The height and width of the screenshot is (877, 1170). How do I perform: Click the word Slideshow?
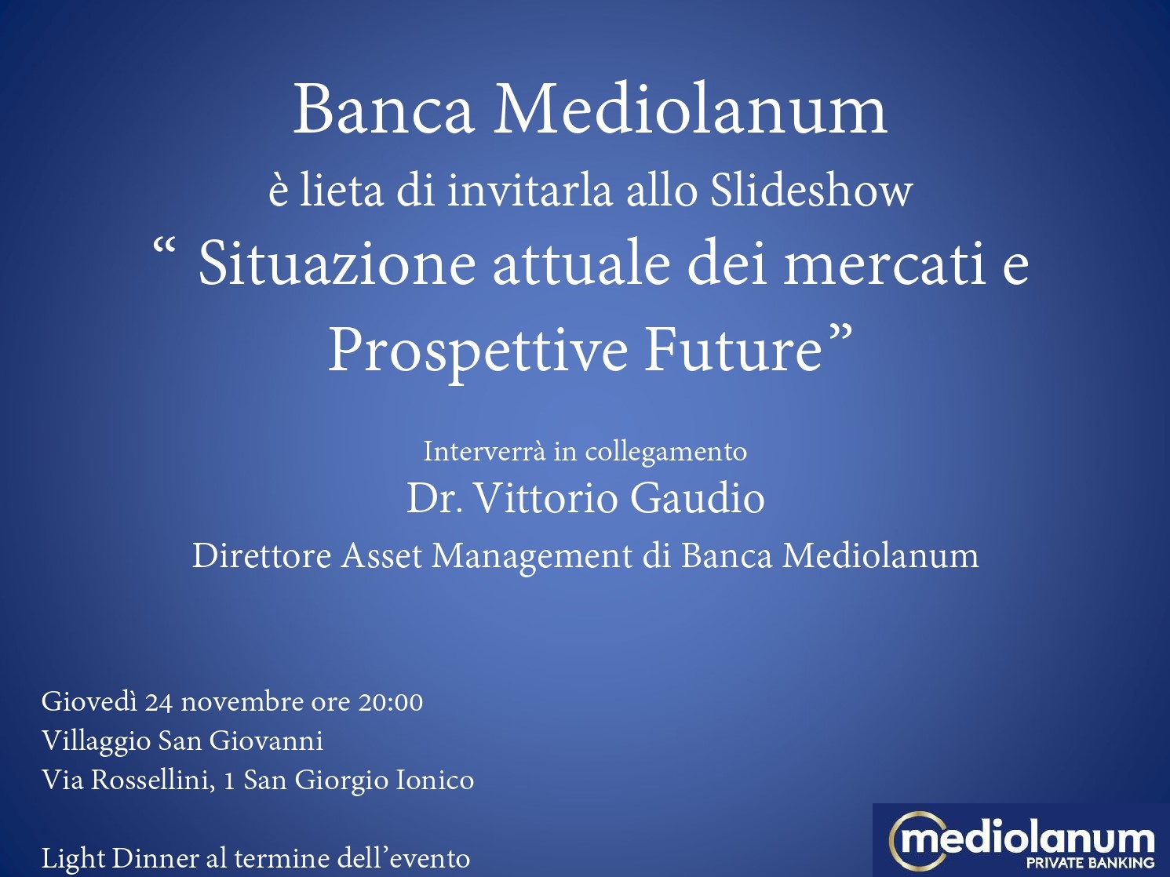(x=811, y=190)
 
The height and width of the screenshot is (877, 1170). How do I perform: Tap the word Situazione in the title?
(x=337, y=265)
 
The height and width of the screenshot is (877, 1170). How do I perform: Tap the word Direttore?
(x=262, y=555)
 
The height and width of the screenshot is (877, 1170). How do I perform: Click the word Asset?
(x=381, y=556)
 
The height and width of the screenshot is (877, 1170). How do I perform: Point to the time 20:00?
(x=391, y=702)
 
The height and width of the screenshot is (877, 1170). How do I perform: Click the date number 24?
(x=159, y=703)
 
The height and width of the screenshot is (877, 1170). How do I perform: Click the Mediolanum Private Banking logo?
(x=1021, y=839)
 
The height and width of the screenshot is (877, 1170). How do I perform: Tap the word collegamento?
(x=665, y=453)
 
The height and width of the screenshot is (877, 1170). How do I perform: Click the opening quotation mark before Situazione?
(x=164, y=246)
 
